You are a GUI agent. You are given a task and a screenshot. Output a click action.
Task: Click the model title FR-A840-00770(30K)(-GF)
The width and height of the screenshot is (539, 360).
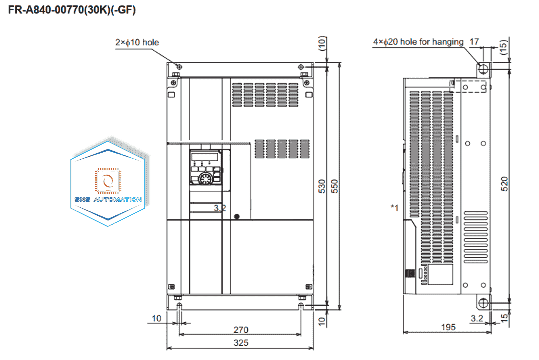click(x=72, y=10)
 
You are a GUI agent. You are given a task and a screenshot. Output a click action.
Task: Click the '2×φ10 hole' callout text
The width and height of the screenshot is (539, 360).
click(x=137, y=42)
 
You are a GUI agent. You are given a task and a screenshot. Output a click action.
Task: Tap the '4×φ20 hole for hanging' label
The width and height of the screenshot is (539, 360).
click(x=418, y=42)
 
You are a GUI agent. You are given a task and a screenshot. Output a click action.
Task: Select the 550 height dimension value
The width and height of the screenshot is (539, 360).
click(x=335, y=186)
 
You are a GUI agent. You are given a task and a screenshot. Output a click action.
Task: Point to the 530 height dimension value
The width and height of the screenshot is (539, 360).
click(x=322, y=186)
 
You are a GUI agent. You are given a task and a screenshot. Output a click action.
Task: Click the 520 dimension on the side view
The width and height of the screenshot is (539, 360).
click(x=504, y=184)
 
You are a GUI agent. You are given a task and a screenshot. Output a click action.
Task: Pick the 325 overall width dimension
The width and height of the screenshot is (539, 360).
click(x=241, y=343)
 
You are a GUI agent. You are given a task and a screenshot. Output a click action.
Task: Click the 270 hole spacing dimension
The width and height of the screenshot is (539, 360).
click(x=241, y=330)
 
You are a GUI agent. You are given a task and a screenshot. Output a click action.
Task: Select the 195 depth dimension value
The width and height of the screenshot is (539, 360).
click(x=448, y=327)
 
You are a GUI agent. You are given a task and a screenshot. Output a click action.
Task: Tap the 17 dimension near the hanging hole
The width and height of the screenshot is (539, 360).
click(x=474, y=42)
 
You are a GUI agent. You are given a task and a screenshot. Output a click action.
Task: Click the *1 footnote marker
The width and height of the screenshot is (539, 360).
click(x=395, y=208)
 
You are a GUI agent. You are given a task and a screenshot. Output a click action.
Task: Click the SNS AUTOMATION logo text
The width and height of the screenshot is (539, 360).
click(x=108, y=199)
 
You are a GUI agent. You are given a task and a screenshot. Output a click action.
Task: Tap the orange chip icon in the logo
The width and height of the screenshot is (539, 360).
click(x=108, y=181)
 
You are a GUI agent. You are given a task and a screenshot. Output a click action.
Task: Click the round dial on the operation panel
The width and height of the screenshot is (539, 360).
click(x=205, y=179)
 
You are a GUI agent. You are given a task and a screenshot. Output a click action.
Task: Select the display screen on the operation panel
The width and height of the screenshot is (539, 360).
click(x=205, y=157)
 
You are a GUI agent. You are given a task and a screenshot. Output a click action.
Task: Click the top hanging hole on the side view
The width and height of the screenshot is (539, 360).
click(x=483, y=69)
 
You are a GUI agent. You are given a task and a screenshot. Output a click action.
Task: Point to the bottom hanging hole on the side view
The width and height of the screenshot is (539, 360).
click(x=483, y=303)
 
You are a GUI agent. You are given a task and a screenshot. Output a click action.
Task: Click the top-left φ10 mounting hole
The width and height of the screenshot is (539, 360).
click(x=179, y=66)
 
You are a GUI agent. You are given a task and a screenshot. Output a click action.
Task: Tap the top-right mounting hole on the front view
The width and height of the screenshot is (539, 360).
click(x=301, y=66)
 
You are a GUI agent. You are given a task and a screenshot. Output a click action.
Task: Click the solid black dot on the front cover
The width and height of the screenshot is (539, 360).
click(x=237, y=216)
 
